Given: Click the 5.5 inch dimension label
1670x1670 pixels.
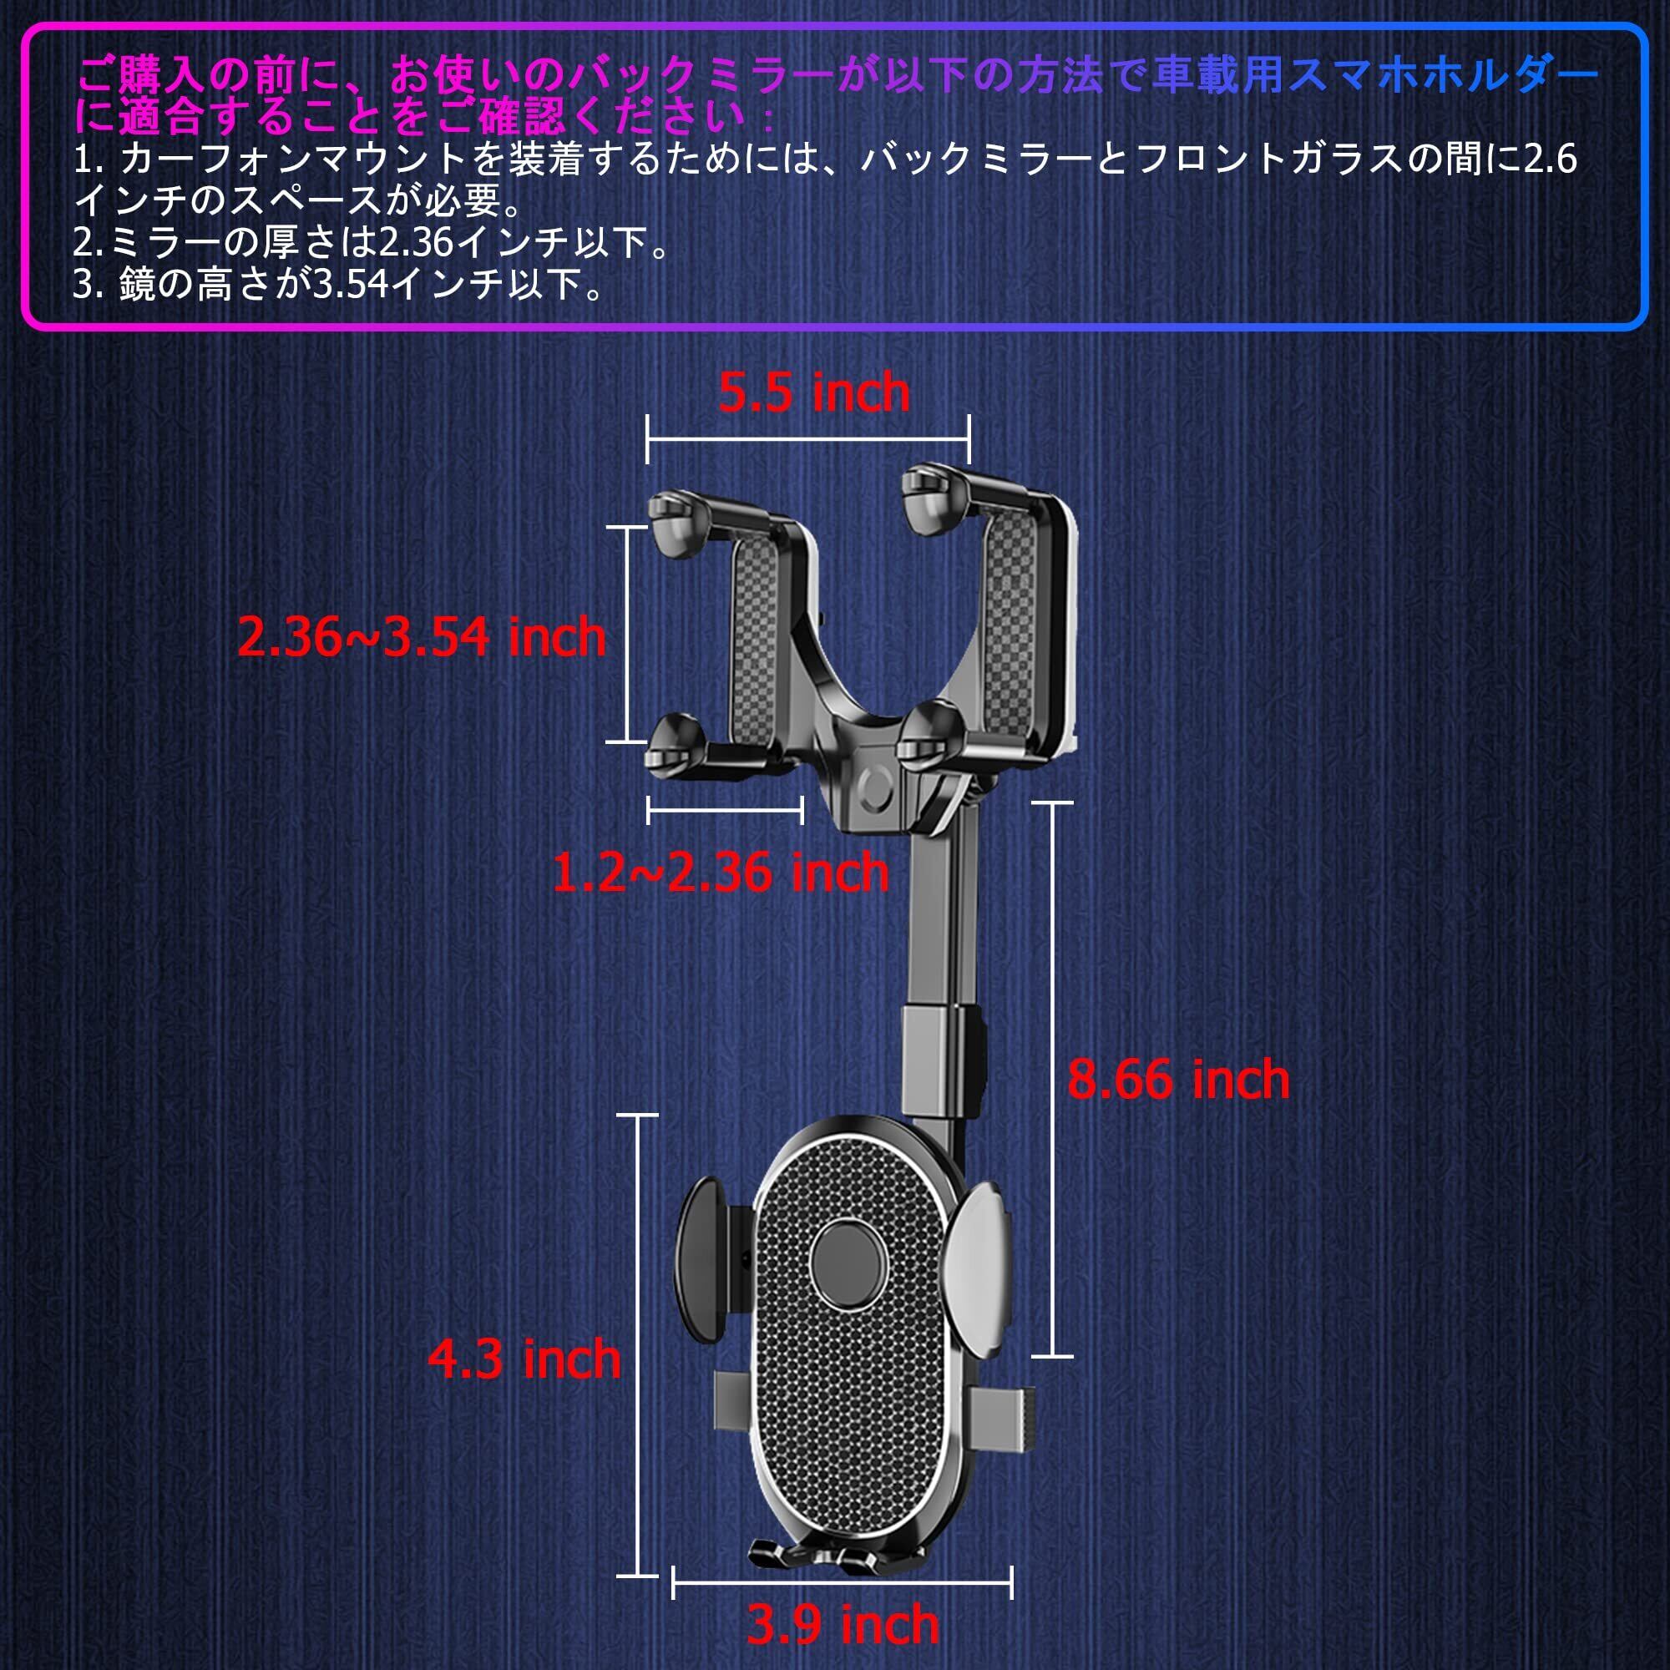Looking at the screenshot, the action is (813, 393).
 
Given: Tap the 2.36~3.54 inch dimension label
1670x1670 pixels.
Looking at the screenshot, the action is (422, 637).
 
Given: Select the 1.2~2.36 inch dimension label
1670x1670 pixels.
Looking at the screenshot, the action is (720, 873).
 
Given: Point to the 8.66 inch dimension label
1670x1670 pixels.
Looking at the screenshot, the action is (1178, 1080).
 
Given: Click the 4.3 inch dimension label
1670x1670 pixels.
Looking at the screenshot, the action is (524, 1359).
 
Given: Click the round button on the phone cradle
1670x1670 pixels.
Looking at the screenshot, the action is (848, 1263).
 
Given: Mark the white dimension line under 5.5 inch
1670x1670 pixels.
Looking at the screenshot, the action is (808, 439).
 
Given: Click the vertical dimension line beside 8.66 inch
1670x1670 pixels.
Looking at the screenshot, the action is (1052, 1080).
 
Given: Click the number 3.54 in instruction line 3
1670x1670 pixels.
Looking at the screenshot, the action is (350, 284).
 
